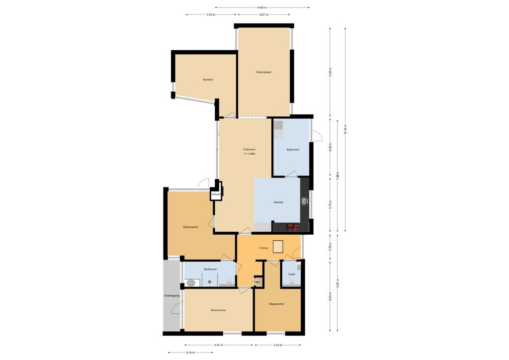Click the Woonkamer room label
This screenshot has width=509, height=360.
264,72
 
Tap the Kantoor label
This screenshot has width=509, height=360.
208,80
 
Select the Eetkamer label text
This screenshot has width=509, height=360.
250,149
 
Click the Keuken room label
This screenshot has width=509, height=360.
278,202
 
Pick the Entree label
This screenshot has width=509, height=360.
264,248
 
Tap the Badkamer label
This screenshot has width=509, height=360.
210,269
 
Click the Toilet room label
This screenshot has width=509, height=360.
291,274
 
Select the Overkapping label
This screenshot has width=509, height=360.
172,296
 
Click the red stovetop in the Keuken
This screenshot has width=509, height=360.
293,227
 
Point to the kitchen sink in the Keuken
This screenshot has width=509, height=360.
305,201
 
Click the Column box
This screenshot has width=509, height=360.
216,194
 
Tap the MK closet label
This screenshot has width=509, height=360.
257,282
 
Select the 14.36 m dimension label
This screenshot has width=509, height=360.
345,130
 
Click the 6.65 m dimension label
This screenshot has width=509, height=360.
262,7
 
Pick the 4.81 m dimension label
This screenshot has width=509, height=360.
218,345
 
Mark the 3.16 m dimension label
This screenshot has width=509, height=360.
190,353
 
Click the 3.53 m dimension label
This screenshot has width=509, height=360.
211,14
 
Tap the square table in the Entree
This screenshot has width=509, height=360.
278,247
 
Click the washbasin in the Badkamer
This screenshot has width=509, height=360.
191,283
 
